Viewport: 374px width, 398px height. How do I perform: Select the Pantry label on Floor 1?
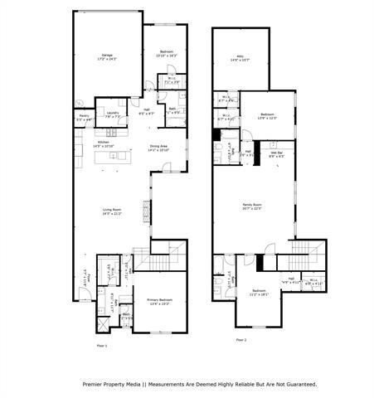(x=84, y=117)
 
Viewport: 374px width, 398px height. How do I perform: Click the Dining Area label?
(x=158, y=148)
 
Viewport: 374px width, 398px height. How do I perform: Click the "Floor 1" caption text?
(x=102, y=344)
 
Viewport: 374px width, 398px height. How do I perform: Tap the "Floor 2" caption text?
(x=240, y=340)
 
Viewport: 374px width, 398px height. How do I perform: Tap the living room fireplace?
(x=149, y=213)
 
